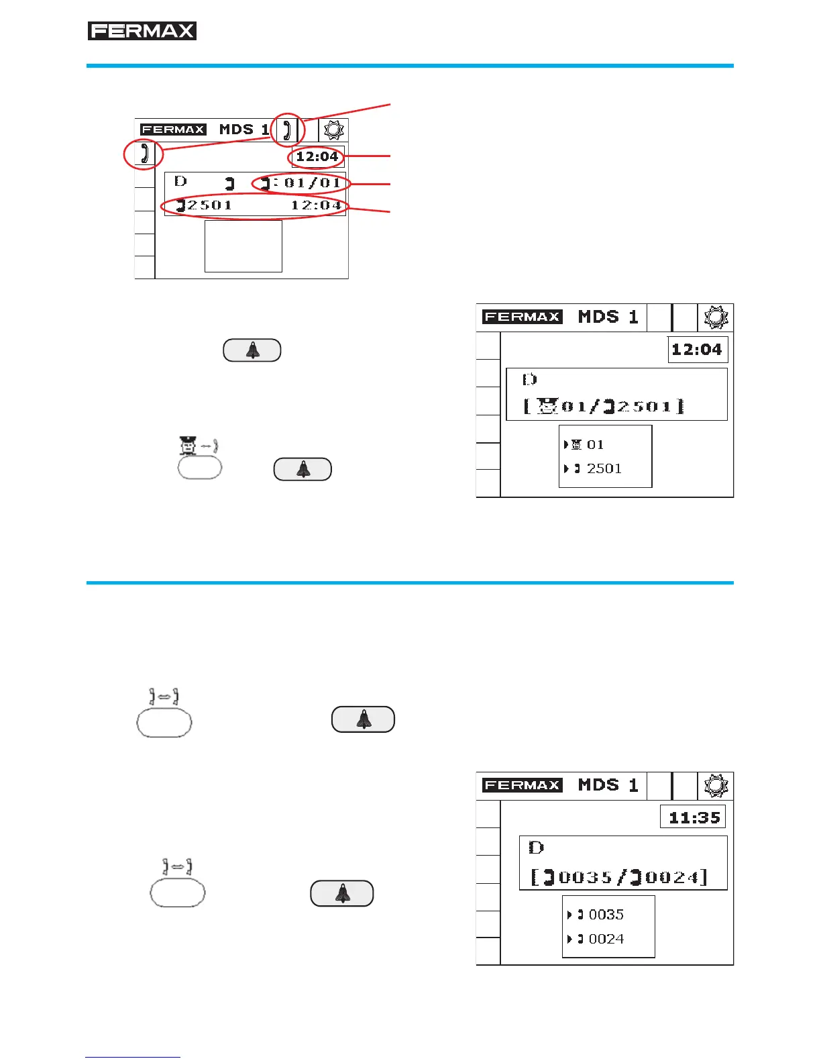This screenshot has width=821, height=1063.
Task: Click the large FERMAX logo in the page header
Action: pos(142,31)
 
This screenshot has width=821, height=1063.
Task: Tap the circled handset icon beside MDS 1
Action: pos(287,129)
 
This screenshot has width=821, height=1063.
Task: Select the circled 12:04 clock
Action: pos(317,157)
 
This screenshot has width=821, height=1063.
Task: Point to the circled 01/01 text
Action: pos(312,183)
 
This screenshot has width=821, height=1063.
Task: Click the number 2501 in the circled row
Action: pos(209,205)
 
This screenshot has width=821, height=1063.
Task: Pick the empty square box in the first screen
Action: pos(243,246)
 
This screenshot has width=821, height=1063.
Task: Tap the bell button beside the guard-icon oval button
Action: pos(303,469)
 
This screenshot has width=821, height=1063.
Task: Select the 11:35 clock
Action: pos(694,817)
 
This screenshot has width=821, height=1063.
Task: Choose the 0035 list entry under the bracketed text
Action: pos(605,915)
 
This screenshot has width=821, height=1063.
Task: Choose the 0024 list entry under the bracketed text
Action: pos(605,939)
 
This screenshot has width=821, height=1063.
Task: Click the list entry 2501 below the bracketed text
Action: pos(604,468)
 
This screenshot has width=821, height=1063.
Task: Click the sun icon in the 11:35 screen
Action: pos(716,786)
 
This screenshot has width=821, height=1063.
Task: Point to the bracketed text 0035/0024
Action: pos(619,877)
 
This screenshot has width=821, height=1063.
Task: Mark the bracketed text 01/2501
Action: pos(604,406)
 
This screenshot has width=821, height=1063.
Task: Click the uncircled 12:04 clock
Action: pos(697,349)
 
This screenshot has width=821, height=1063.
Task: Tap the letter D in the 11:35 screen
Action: pos(536,847)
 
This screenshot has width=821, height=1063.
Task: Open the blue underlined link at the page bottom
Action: pos(133,1057)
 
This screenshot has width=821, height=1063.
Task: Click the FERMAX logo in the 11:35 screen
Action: pos(523,785)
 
